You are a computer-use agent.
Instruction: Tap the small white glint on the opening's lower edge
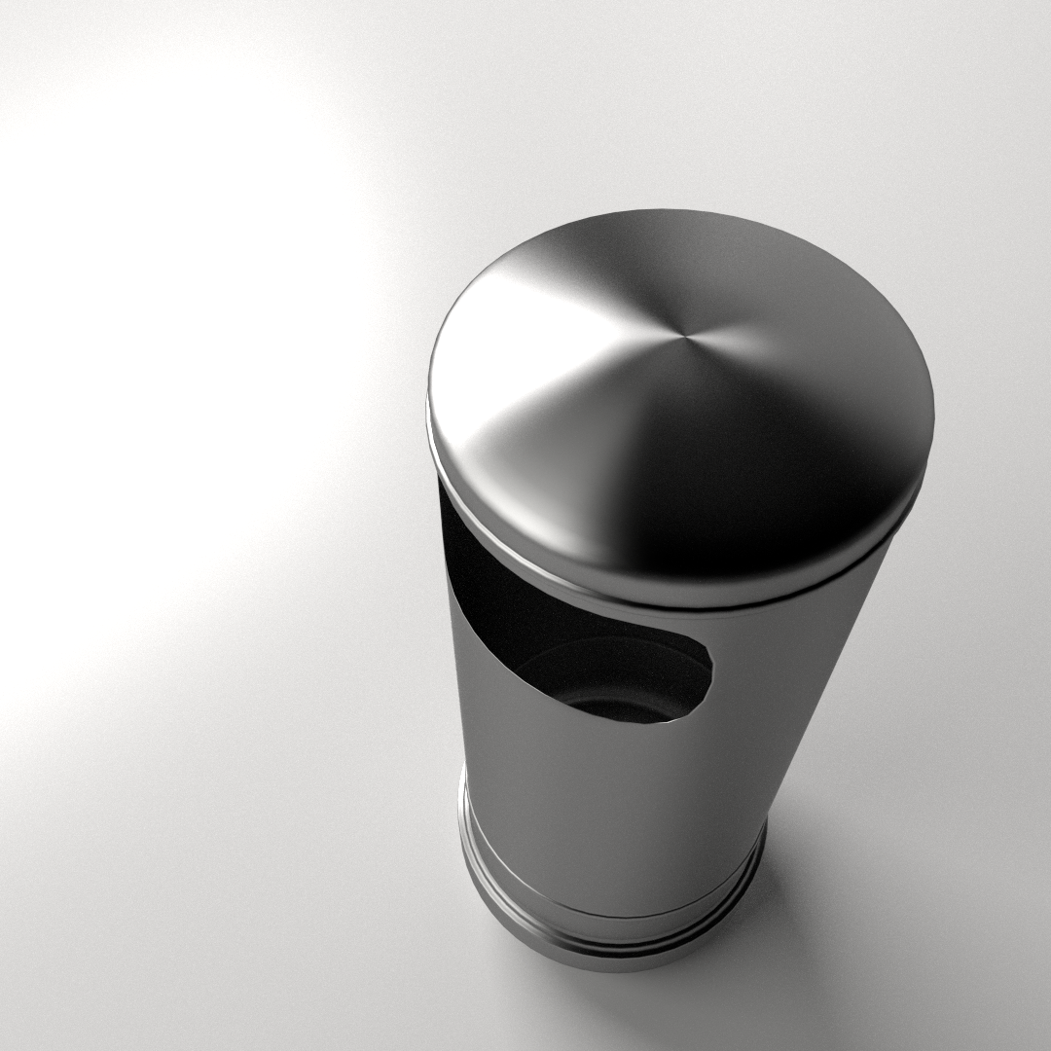671,721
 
